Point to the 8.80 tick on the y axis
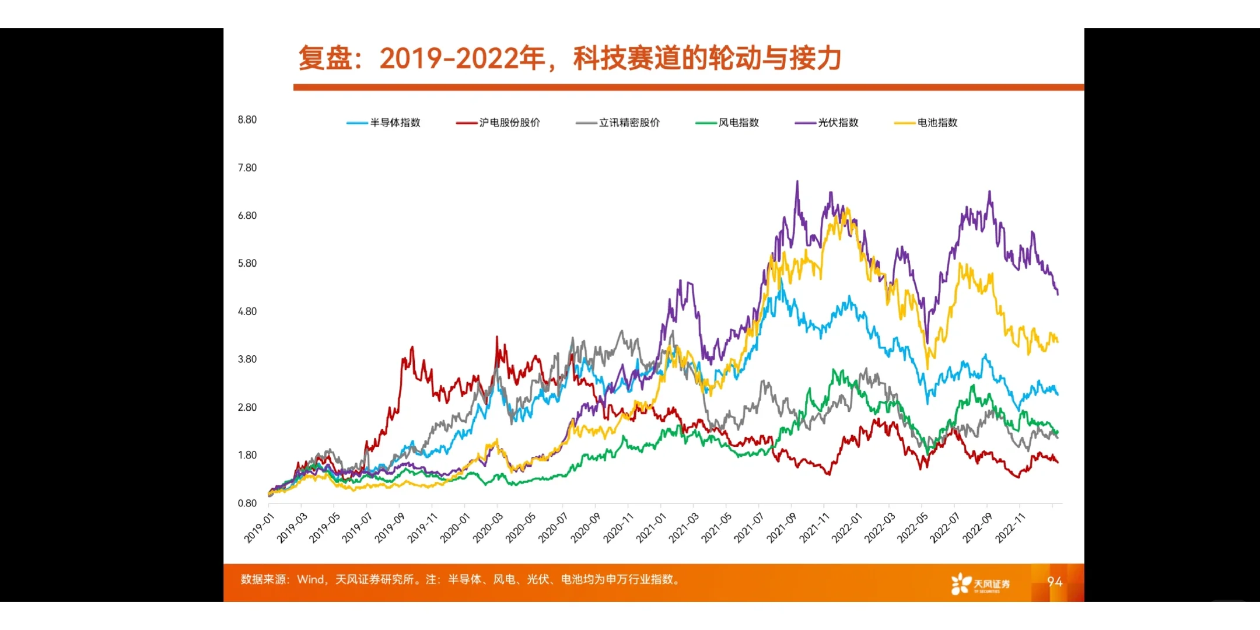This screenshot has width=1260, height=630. pos(247,120)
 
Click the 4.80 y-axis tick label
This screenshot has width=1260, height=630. pos(247,311)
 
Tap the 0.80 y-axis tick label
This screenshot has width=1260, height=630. pos(247,503)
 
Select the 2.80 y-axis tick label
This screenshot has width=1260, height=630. pos(247,407)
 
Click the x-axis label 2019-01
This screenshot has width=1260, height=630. pos(259,528)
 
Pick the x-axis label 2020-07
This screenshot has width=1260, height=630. pos(553,528)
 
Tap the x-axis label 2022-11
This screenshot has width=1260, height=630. pos(1010,528)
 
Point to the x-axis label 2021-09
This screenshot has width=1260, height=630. pos(781,528)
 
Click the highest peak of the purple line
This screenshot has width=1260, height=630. pos(797,181)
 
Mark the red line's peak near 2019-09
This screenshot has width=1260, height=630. pos(412,347)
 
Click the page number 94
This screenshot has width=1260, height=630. pos(1054,582)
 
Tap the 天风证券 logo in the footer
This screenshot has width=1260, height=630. pos(980,583)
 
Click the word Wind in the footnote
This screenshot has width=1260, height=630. pos(310,579)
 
